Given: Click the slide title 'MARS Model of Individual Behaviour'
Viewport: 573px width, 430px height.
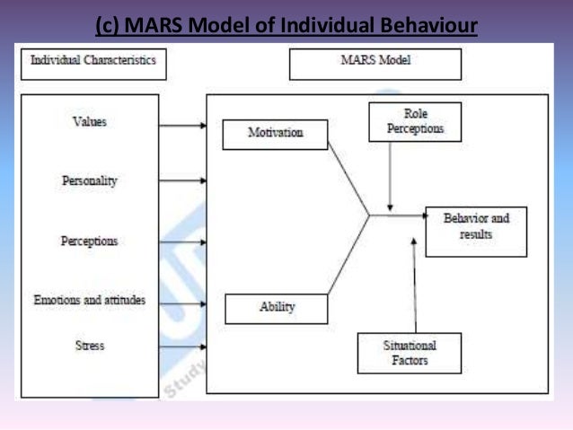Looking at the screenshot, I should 286,20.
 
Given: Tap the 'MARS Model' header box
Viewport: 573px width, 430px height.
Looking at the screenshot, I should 375,64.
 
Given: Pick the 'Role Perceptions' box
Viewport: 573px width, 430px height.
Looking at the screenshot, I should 415,123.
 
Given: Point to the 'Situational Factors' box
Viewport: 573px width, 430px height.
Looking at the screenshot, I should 409,352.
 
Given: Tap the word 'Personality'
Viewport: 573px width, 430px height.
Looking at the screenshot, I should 89,180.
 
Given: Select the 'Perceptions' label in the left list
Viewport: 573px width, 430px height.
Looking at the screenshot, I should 89,241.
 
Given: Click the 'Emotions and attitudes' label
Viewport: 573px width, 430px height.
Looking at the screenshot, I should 89,299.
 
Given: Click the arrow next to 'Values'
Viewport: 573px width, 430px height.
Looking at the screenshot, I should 183,125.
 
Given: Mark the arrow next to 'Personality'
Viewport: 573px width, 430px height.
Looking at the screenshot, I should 183,181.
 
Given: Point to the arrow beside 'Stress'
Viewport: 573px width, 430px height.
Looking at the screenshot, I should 183,347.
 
